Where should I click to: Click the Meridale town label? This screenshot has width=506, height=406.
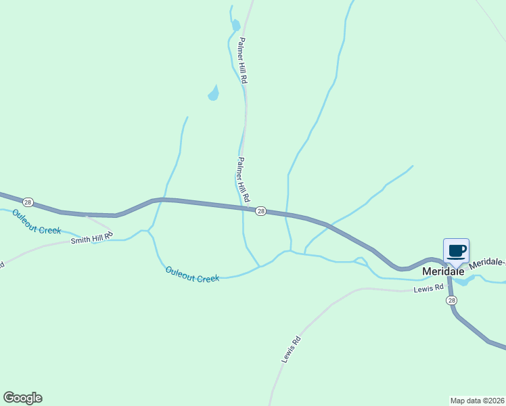point(443,271)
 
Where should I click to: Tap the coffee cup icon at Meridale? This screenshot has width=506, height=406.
point(456,250)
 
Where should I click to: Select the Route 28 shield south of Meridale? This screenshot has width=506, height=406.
point(451,300)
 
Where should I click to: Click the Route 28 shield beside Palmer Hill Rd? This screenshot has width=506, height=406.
point(260,212)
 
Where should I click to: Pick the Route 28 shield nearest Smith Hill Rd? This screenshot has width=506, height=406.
point(28,202)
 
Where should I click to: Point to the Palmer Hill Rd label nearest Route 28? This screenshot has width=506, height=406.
point(243,180)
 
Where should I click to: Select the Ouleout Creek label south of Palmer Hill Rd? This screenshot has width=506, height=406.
point(193,274)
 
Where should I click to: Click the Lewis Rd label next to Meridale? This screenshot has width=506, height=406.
point(428,289)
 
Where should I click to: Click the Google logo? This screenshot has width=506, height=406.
point(22,398)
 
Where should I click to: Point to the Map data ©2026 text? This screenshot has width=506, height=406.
point(477,401)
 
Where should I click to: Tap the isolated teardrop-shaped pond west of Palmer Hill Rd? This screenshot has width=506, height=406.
point(214,93)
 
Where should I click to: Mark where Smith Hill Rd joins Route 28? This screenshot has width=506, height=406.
point(86,216)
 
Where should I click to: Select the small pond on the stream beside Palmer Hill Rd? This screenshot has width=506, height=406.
point(235,26)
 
